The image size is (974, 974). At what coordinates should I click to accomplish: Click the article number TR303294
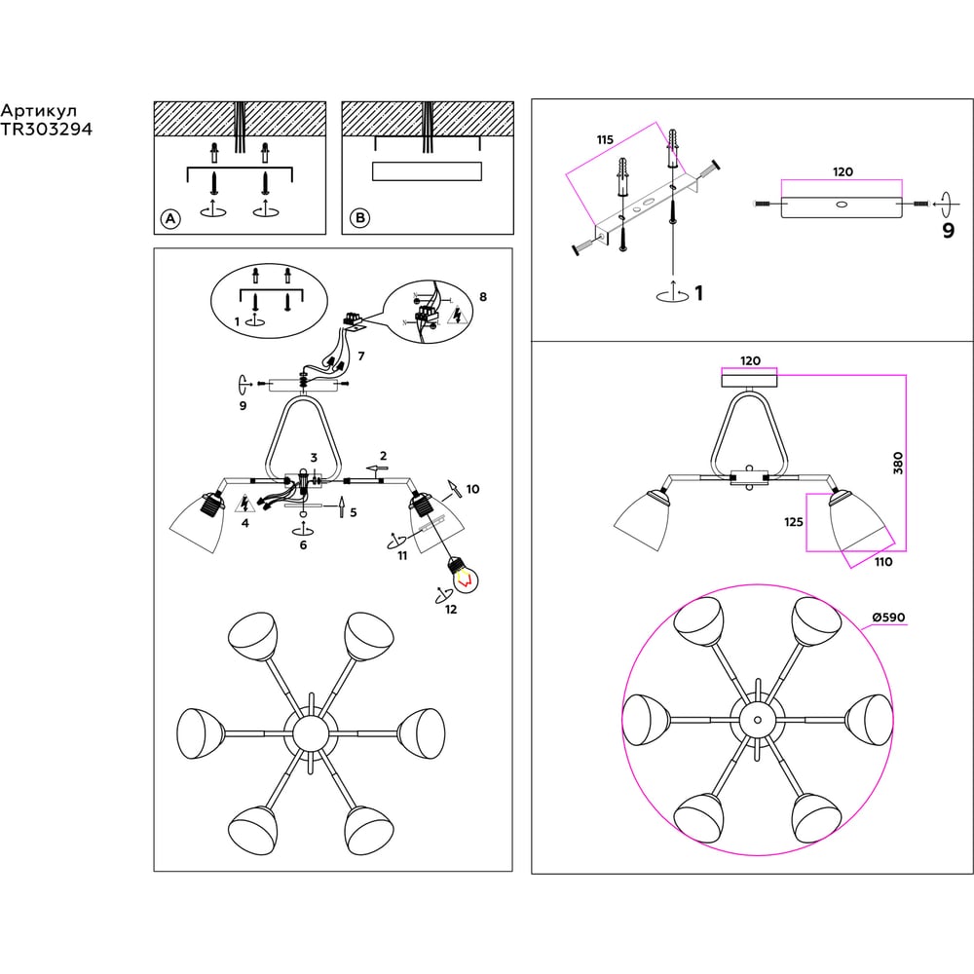point(46,130)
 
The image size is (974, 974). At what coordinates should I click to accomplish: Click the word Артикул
point(39,111)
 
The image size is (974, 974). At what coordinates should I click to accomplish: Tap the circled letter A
point(170,218)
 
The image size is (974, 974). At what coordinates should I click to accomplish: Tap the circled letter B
point(359,218)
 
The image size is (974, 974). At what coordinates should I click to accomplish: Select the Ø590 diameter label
point(888,618)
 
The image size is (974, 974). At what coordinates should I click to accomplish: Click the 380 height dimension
point(898,464)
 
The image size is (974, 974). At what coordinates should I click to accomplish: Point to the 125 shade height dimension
point(793,522)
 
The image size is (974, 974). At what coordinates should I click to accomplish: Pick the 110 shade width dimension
point(883,562)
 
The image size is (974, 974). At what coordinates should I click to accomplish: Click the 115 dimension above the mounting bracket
point(605,139)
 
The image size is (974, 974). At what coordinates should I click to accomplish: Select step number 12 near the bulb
point(451,610)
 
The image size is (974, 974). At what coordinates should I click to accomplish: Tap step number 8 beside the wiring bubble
point(483,297)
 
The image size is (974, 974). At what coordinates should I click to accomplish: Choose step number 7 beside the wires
point(361,356)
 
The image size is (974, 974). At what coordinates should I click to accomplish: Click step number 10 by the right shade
point(472,489)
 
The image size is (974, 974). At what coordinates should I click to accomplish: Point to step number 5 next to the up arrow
point(354,512)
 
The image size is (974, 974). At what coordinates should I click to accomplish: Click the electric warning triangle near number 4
point(244,504)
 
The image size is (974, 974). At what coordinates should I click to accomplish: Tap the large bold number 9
point(948,231)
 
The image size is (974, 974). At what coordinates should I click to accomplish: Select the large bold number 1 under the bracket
point(698,292)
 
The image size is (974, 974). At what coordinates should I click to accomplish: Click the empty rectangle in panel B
point(428,171)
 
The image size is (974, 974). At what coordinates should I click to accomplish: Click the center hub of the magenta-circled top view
point(757,720)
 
